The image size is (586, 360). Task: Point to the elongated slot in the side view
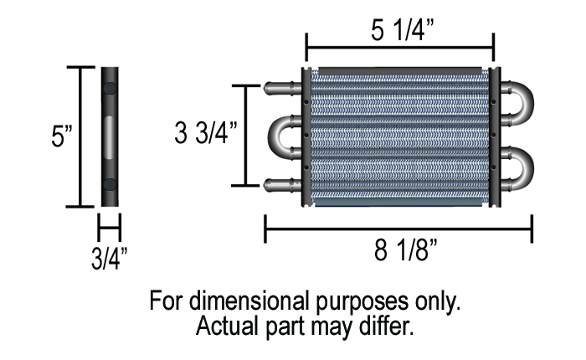(x=110, y=136)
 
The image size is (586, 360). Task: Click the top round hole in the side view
(x=110, y=87)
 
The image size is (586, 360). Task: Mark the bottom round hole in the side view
(x=110, y=184)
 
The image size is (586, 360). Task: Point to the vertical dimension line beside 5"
(x=80, y=136)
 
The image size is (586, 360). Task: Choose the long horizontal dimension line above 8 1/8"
(x=398, y=227)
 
